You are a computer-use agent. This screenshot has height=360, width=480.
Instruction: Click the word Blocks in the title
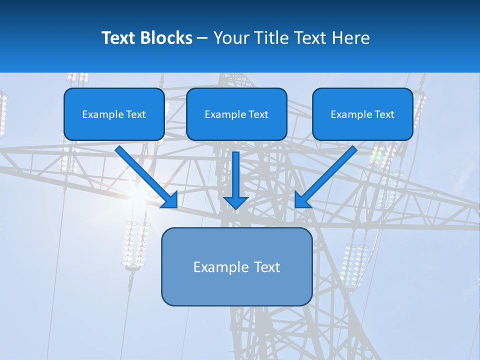point(166,38)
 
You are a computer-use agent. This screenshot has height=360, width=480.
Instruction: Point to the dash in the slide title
point(202,38)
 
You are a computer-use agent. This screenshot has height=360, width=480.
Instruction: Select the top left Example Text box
point(114,114)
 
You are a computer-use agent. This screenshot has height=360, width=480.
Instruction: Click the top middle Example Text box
point(236,114)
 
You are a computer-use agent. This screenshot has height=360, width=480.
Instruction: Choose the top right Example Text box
point(362,114)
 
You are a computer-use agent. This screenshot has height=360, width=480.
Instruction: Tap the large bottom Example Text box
point(236,266)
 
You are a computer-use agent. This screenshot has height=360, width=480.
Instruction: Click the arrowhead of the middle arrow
point(235,202)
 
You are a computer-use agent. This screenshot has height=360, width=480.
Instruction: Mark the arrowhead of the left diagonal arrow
point(171,201)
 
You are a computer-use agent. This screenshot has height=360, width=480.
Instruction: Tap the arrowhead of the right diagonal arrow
point(301,201)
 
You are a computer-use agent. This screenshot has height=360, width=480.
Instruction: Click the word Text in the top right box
point(384,114)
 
